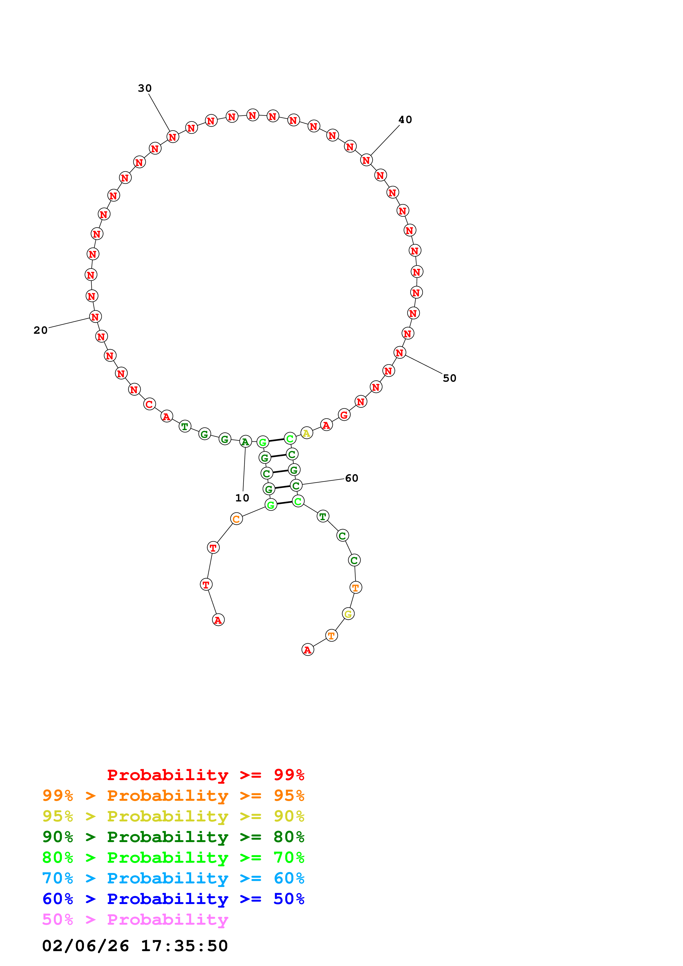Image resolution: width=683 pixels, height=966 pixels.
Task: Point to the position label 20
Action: [x=41, y=330]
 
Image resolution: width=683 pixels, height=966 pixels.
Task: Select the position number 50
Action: [x=449, y=378]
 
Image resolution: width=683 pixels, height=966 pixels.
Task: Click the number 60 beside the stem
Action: [x=351, y=478]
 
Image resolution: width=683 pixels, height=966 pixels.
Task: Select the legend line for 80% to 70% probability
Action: [x=173, y=858]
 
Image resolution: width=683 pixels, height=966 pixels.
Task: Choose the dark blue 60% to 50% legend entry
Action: [x=173, y=899]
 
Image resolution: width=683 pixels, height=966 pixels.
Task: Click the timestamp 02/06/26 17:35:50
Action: [x=135, y=946]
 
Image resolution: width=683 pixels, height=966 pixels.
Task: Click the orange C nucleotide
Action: [x=236, y=519]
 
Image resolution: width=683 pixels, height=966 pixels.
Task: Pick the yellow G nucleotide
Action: [x=348, y=614]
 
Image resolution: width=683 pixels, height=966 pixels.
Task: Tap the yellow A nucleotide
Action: [x=306, y=433]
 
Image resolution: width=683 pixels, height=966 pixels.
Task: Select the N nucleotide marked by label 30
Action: [x=172, y=137]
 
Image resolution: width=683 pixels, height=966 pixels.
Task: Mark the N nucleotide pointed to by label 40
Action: [x=366, y=160]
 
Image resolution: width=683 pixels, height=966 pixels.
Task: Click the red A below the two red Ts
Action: [x=218, y=620]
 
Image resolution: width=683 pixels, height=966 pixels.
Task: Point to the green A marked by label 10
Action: [x=245, y=442]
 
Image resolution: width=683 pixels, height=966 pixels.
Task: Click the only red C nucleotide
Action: [x=149, y=404]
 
